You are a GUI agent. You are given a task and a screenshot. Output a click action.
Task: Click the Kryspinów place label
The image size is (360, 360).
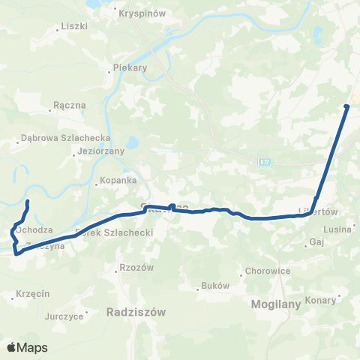coord(138,13)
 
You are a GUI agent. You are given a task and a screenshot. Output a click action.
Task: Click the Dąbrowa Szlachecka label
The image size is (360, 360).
coord(66,138)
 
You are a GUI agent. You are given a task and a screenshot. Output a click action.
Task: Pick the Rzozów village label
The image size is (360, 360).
coord(136,268)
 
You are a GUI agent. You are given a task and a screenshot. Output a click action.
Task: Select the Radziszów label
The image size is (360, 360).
coord(136,310)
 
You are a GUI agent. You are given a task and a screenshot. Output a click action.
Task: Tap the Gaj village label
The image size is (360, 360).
coord(316,242)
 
